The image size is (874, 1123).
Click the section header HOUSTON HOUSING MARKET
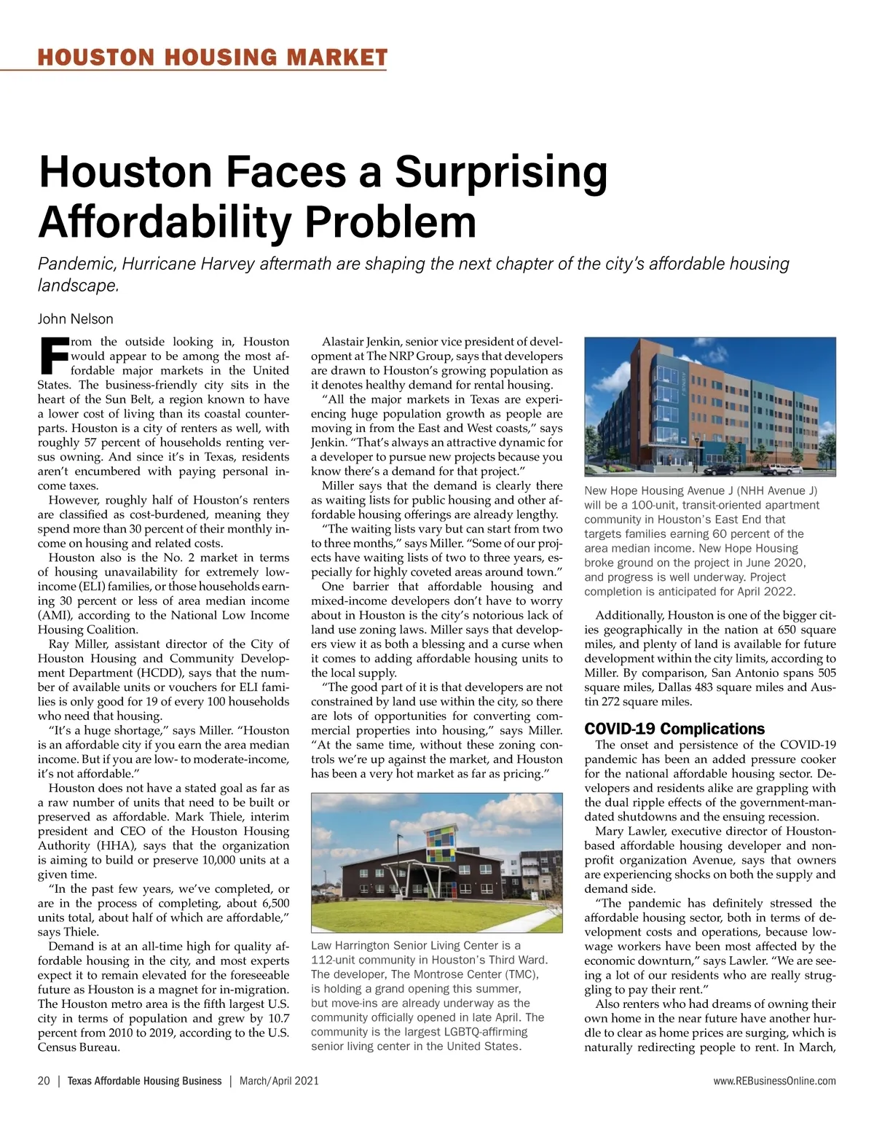point(212,58)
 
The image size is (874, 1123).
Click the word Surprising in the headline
point(501,172)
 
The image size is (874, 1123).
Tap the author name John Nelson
point(76,318)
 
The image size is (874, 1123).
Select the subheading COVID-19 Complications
point(674,729)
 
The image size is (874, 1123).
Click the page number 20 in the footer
point(44,1081)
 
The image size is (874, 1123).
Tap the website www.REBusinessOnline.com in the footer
point(775,1081)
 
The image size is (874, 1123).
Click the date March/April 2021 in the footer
point(279,1081)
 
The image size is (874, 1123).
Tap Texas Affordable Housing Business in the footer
point(144,1081)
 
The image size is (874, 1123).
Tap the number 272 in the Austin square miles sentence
point(610,702)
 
